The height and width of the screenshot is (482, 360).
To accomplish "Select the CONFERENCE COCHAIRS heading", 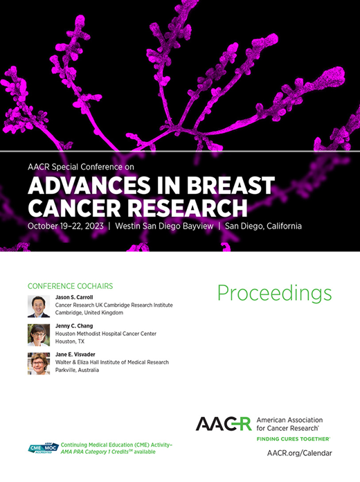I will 70,285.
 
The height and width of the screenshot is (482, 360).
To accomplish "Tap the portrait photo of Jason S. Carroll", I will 38,306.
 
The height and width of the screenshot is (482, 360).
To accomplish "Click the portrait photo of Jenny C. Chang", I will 38,334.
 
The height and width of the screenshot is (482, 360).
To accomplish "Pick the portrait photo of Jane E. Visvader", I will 38,364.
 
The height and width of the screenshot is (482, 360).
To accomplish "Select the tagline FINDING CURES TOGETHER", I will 293,439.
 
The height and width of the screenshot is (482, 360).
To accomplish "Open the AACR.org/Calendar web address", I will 299,453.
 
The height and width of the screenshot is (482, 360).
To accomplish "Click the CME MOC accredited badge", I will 43,448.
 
